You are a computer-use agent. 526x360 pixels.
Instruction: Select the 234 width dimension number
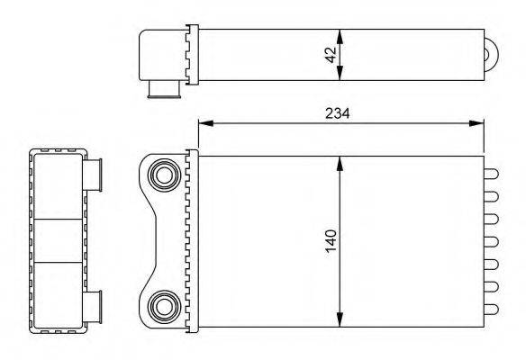[338, 113]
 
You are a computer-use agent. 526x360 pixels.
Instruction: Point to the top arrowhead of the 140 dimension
[340, 160]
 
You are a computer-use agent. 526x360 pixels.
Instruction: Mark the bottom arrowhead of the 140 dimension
[340, 321]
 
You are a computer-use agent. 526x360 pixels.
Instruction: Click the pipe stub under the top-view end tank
[160, 89]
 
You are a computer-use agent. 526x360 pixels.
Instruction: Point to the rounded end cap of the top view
[492, 55]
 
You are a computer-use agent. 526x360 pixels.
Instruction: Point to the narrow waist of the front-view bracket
[153, 240]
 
